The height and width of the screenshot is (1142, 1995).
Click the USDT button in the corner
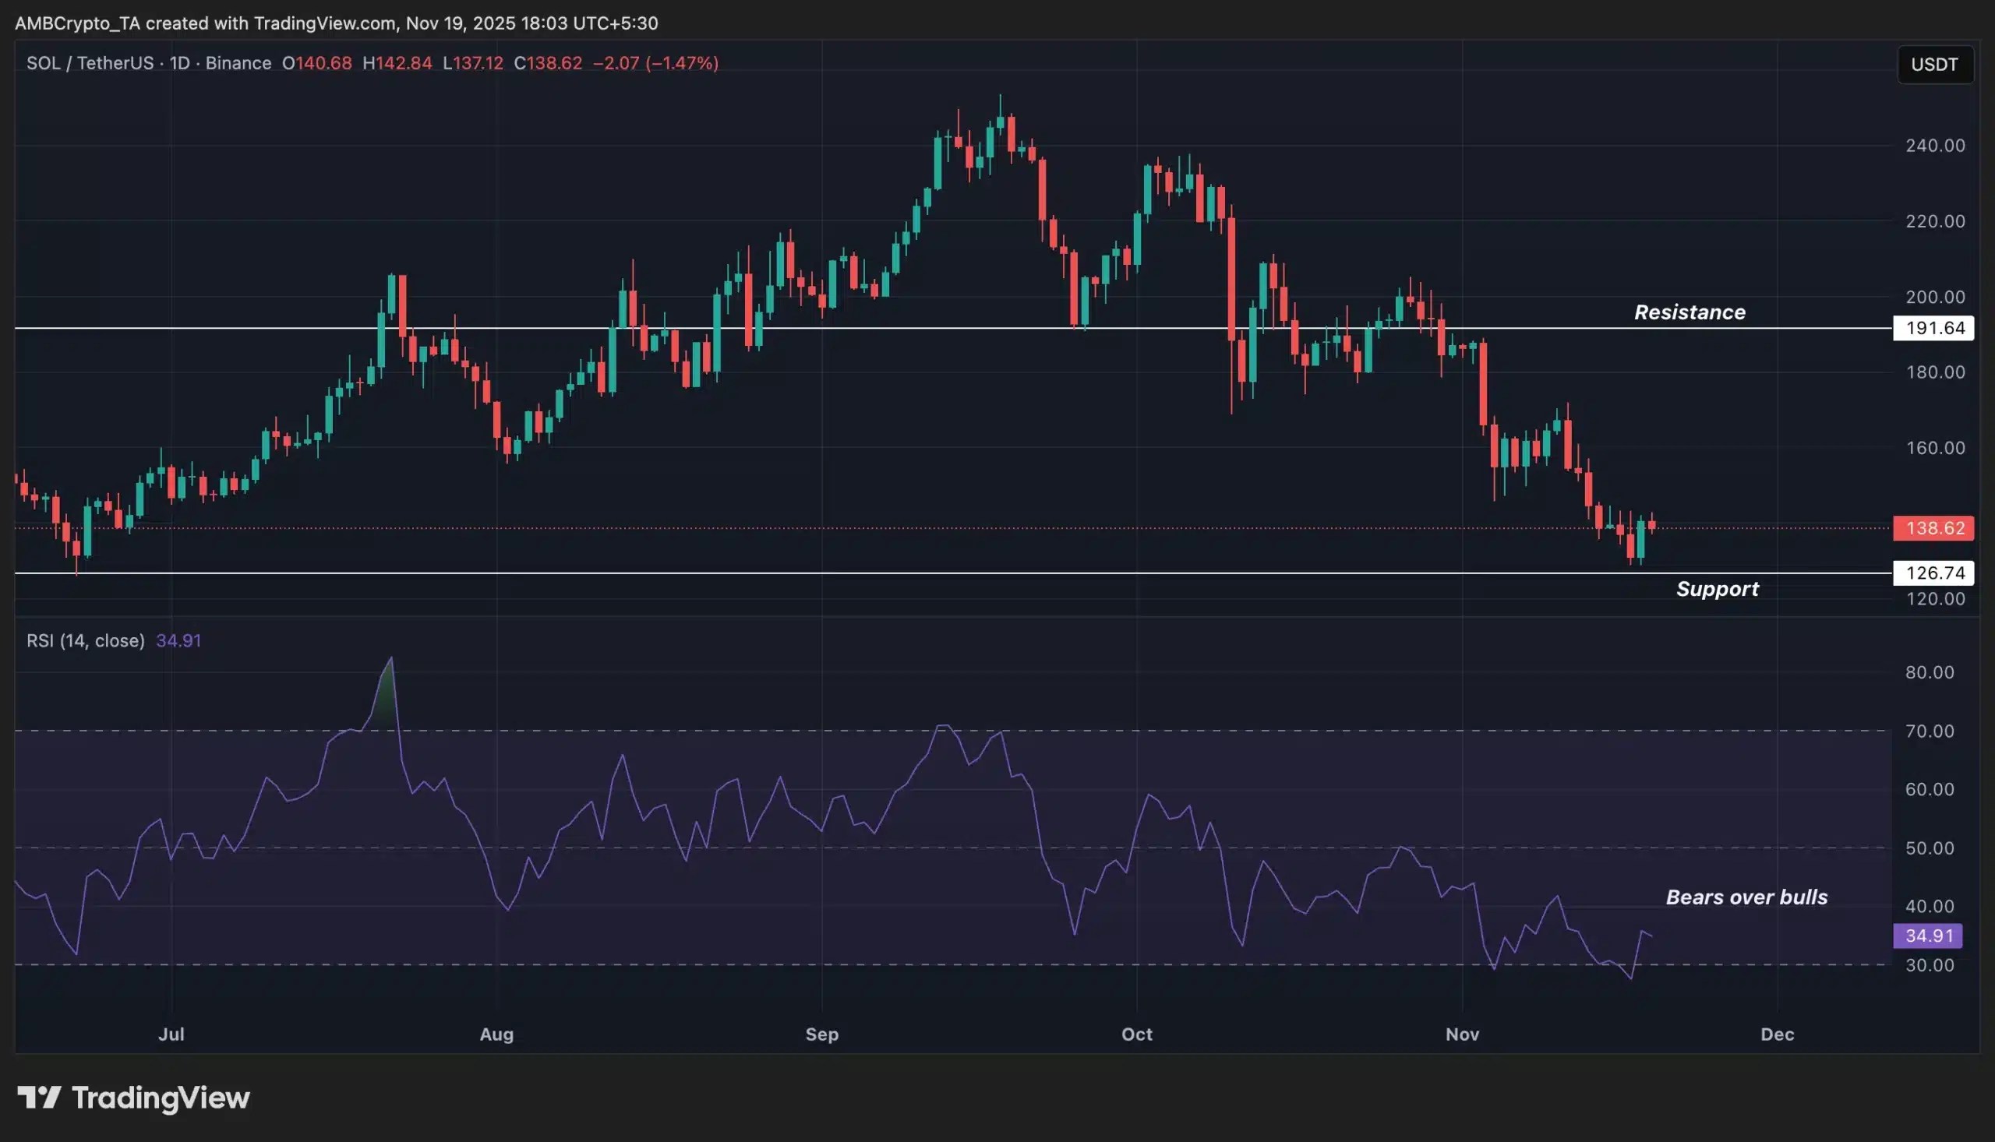(1933, 65)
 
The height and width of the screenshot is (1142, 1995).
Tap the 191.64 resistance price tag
(1933, 328)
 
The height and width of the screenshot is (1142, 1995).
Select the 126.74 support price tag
(1933, 573)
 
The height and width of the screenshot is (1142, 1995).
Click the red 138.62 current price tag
(1933, 528)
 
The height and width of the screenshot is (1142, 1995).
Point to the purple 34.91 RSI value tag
(1928, 936)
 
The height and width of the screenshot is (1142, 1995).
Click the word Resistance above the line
(1689, 312)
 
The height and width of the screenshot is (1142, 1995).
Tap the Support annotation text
(1717, 589)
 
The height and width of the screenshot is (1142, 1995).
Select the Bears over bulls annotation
(1746, 897)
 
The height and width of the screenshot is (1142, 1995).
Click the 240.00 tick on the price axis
(1934, 146)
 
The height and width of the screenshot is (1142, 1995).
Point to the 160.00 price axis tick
(1934, 448)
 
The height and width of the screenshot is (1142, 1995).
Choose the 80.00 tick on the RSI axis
(1929, 672)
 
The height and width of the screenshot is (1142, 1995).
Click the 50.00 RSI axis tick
(1929, 848)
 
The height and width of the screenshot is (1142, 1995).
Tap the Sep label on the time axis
(821, 1034)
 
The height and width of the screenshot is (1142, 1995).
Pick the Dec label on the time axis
(1777, 1034)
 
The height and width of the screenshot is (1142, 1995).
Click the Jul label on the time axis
(171, 1034)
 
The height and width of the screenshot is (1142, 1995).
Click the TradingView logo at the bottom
(133, 1098)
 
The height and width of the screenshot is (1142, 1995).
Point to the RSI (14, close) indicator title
(86, 641)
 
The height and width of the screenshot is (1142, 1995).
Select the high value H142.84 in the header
(397, 63)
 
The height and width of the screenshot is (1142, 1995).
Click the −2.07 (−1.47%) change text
(655, 63)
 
